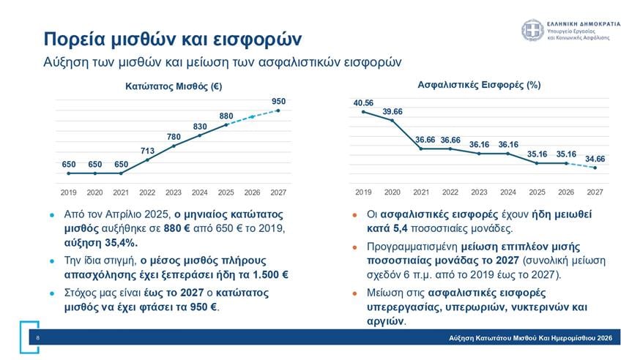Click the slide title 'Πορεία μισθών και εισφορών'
coord(171,37)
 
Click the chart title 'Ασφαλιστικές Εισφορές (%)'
coord(479,85)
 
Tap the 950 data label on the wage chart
coord(278,101)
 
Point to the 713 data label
coord(147,151)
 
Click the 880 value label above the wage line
coord(226,116)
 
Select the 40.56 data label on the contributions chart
coord(363,102)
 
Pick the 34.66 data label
coord(595,158)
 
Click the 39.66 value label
coord(392,111)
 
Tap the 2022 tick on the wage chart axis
coord(147,192)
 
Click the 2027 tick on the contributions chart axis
coord(595,192)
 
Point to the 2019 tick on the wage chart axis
coord(68,192)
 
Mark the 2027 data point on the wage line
coord(278,110)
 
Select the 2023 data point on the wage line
coord(174,146)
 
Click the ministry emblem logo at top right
coord(532,31)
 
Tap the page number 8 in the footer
coord(37,338)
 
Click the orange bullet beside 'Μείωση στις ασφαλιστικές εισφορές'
coord(354,293)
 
